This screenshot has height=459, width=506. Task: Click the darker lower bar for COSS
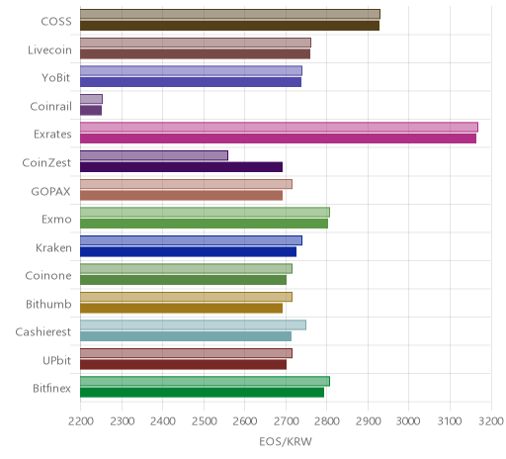pos(229,26)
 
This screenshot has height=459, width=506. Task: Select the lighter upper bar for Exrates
pos(279,128)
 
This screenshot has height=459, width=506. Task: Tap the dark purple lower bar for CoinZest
pos(181,167)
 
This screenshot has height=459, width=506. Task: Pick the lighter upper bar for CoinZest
pos(154,155)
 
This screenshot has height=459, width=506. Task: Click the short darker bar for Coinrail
pos(91,111)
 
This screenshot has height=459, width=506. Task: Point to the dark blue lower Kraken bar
pos(188,252)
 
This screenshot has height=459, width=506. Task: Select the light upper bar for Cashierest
pos(193,325)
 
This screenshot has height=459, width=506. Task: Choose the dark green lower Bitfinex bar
pos(202,393)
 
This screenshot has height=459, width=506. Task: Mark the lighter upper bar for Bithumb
pos(186,297)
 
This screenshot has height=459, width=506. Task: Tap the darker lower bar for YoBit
pos(191,82)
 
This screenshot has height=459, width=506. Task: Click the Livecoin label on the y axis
pos(49,50)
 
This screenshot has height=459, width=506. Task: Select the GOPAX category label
pos(50,192)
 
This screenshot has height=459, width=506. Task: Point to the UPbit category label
pos(56,360)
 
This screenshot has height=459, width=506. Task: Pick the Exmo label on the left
pos(56,220)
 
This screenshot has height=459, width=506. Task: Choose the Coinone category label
pos(48,276)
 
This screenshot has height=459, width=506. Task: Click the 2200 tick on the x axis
pos(80,421)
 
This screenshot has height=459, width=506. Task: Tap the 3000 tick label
pos(408,421)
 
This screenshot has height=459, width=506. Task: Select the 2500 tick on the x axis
pos(204,421)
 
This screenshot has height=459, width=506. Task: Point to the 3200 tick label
pos(491,421)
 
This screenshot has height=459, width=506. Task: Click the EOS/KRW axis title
pos(286,442)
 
